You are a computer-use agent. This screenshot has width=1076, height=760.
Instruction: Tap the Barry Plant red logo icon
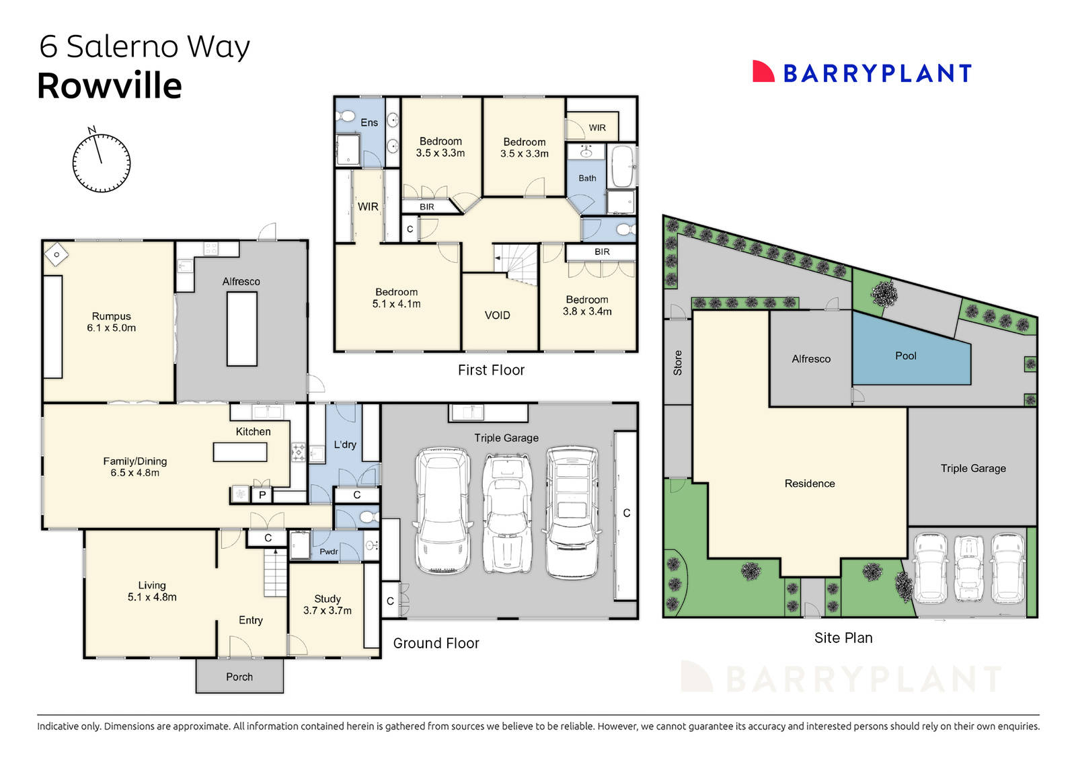tap(763, 72)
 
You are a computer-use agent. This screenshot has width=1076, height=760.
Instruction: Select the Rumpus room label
tap(111, 321)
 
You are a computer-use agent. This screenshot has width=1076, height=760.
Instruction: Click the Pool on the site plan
tap(905, 356)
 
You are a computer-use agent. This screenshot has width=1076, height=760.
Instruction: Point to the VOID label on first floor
tap(497, 315)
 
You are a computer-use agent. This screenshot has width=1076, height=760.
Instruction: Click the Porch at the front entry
tap(239, 677)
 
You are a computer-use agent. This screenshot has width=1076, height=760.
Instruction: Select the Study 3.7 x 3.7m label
tap(328, 604)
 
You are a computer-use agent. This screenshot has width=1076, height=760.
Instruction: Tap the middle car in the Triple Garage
tap(506, 513)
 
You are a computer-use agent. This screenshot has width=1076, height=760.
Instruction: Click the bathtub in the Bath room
tap(622, 167)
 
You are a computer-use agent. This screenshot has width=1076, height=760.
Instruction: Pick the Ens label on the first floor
tap(369, 122)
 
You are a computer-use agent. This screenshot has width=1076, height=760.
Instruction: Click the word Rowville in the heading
tap(110, 86)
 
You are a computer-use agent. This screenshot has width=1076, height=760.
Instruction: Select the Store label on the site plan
tap(677, 363)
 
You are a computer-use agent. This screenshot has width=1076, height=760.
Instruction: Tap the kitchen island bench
tap(240, 452)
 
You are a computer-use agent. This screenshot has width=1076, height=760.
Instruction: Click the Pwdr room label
tap(328, 552)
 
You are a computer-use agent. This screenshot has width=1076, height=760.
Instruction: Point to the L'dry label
tap(345, 445)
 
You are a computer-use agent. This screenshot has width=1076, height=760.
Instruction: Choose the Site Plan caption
tap(843, 638)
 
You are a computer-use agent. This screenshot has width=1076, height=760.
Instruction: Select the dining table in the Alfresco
tap(241, 330)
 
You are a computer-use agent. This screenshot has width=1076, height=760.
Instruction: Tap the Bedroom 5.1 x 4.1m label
tap(396, 298)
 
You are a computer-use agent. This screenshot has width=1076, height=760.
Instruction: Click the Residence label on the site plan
tap(809, 484)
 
